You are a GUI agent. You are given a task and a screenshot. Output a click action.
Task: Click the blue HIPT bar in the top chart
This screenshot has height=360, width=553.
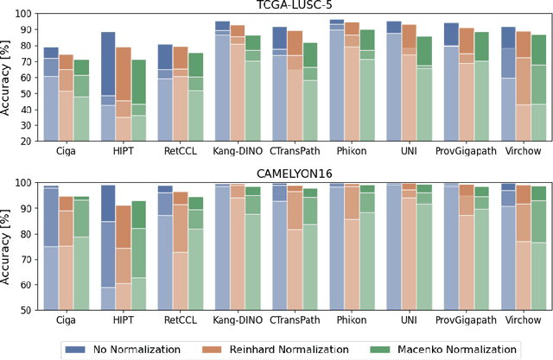pyautogui.click(x=108, y=86)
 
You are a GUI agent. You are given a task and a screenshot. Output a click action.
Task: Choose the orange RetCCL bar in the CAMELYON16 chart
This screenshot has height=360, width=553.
pyautogui.click(x=180, y=250)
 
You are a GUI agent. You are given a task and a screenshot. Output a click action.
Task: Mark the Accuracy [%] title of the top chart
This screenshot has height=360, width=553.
pyautogui.click(x=8, y=78)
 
